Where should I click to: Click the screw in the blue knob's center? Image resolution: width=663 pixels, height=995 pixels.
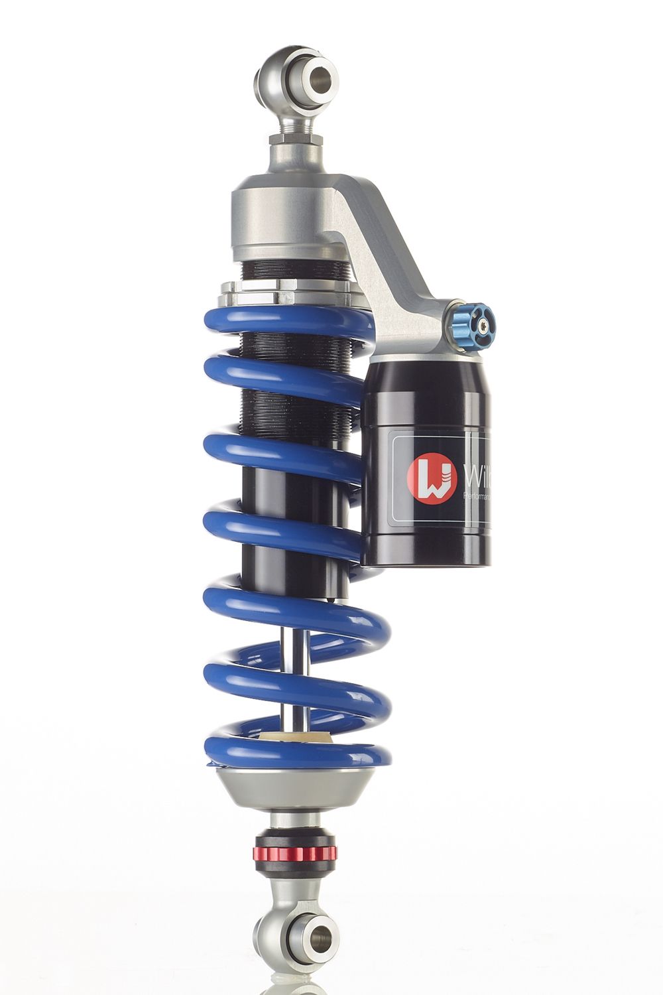485,325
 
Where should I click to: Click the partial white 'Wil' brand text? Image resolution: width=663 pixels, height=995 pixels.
475,476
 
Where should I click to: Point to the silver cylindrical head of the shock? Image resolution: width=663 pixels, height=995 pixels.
285,219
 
